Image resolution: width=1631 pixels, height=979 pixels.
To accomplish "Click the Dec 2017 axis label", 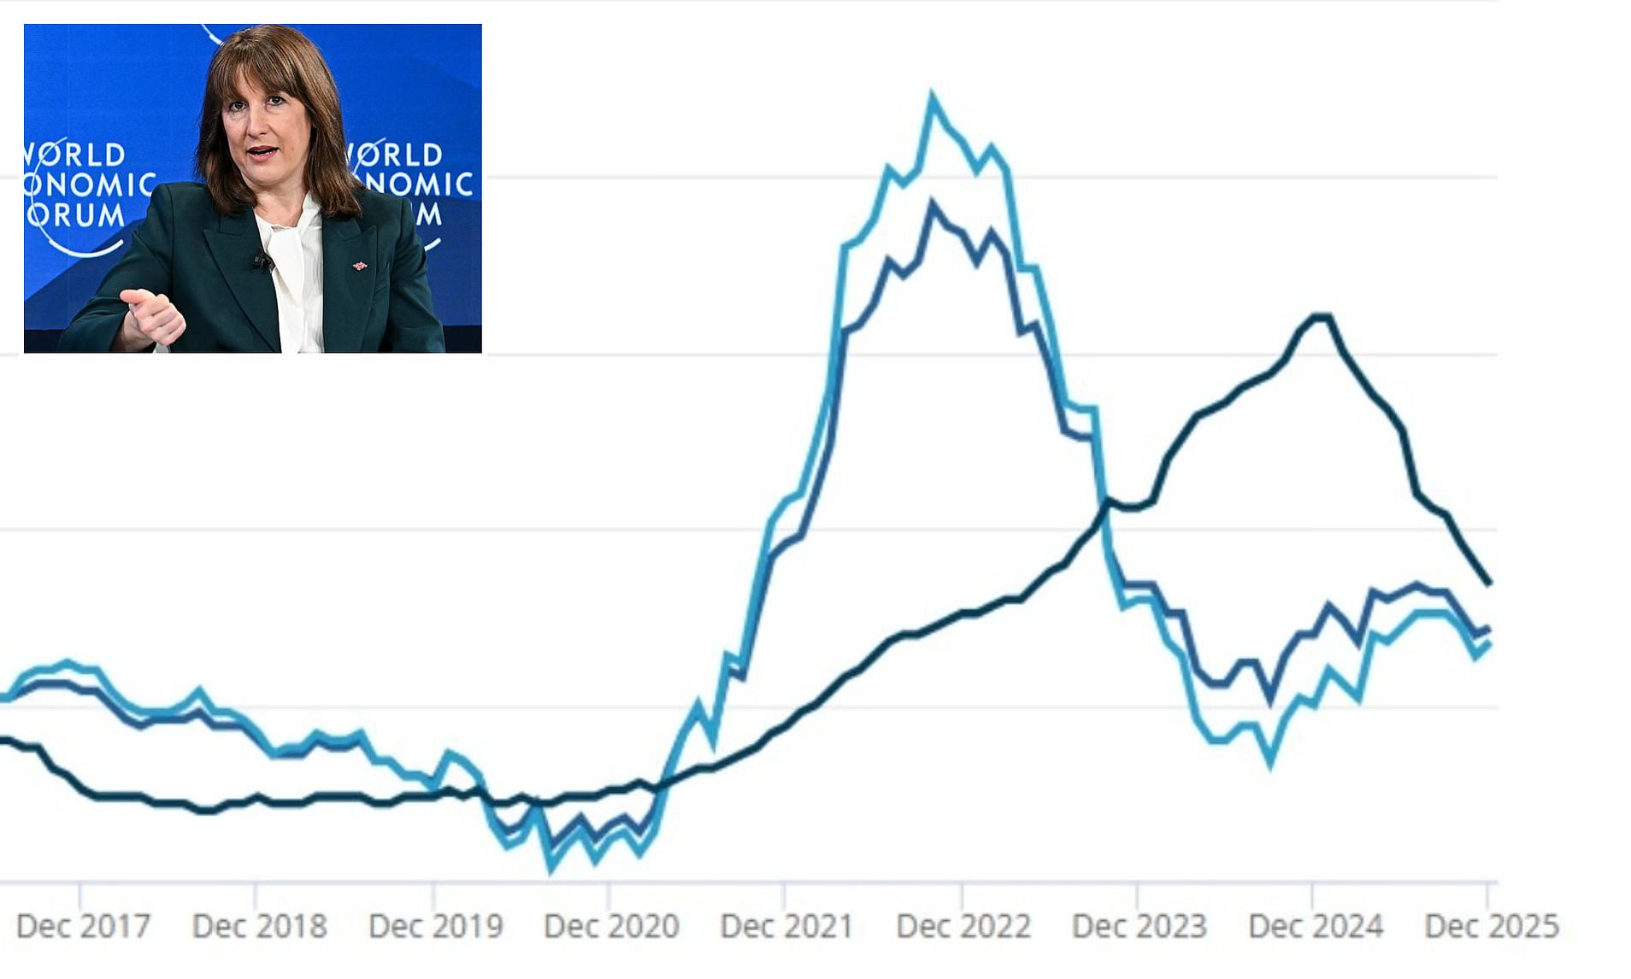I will pos(83,926).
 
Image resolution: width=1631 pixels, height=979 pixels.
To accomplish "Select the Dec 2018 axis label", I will pos(259,926).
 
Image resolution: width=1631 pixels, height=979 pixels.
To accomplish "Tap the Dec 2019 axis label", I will pos(435,926).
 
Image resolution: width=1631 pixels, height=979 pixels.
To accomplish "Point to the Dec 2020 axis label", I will pos(611,926).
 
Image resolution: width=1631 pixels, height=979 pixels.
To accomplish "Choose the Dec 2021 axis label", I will pos(786,926).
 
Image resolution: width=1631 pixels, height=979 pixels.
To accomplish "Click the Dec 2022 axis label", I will pos(963,926).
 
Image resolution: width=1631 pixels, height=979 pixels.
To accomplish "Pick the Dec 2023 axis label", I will pos(1139,926).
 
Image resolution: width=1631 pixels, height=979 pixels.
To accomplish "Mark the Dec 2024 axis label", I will pos(1315,926).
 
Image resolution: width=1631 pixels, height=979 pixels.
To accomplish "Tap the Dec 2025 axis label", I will pos(1491,926).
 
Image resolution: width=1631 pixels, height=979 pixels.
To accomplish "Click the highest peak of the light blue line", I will pos(932,96).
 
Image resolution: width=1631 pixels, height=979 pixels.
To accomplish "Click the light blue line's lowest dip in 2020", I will pos(551,869).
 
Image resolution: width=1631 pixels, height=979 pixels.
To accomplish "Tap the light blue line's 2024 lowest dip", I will pos(1270,763).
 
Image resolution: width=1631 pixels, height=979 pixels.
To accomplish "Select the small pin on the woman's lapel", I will pos(360,267).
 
